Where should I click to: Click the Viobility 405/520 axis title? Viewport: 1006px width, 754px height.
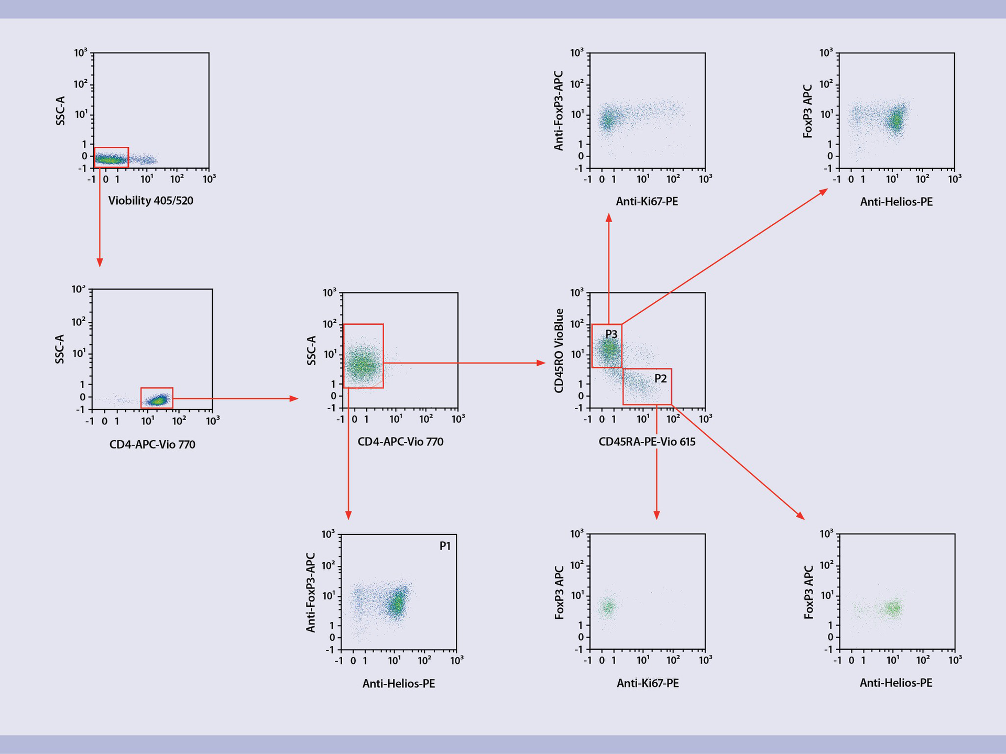click(151, 201)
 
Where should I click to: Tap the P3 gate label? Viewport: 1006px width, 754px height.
click(611, 334)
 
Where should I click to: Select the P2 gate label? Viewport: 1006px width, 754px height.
click(661, 378)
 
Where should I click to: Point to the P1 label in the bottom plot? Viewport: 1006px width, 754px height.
click(445, 546)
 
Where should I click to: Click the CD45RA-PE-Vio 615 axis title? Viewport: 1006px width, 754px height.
click(647, 442)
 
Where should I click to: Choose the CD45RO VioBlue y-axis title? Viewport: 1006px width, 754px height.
click(560, 350)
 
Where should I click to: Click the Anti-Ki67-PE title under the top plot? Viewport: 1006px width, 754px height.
click(647, 202)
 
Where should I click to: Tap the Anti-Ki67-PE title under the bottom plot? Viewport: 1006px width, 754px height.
click(648, 683)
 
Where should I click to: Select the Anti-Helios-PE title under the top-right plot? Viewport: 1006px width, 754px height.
click(896, 202)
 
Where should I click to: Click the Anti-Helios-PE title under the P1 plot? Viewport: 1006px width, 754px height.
click(399, 684)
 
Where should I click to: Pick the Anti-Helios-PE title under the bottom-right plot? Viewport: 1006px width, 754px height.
click(896, 683)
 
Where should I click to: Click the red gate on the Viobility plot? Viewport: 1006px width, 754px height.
click(112, 157)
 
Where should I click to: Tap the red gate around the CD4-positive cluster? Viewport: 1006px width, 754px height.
click(157, 398)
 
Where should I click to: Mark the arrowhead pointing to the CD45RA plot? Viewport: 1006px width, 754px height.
click(542, 363)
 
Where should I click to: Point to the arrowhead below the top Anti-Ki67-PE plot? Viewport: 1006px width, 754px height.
click(609, 217)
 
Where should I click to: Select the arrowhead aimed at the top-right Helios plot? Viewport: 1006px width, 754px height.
click(824, 192)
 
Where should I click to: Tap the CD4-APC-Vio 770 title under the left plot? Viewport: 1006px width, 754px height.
click(152, 445)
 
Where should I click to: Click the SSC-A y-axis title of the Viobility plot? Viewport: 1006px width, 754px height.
click(61, 111)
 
